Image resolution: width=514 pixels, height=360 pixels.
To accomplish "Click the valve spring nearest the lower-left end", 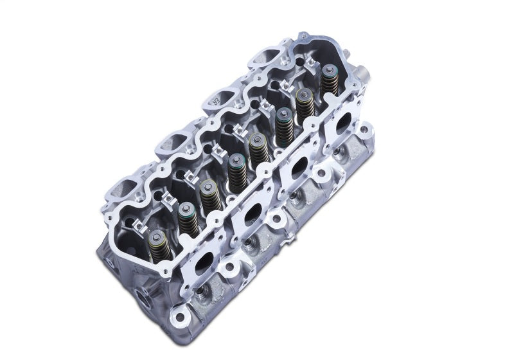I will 156,243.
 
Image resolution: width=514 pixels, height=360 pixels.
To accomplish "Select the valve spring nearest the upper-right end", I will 304,104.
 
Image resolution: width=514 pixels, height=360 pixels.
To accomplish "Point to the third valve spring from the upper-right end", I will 258,151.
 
